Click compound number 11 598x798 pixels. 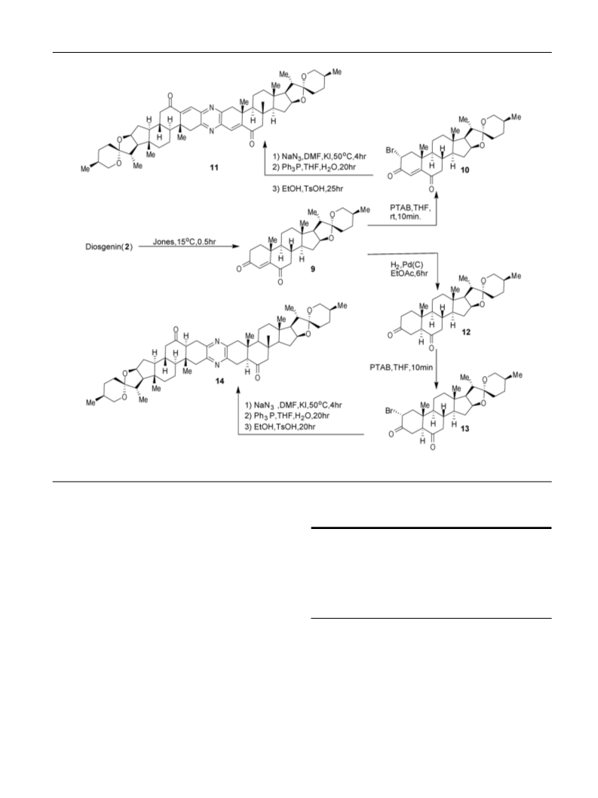(214, 167)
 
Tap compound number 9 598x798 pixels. (313, 270)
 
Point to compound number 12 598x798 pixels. (466, 332)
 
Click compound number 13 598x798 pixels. (465, 429)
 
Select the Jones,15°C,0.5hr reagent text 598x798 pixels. (185, 242)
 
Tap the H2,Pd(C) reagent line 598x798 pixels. (406, 265)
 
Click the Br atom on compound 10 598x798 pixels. (391, 151)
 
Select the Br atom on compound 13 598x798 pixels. (390, 411)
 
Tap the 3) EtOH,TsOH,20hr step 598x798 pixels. (281, 427)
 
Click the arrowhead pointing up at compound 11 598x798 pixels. (265, 147)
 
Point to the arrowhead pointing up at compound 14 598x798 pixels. (238, 390)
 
